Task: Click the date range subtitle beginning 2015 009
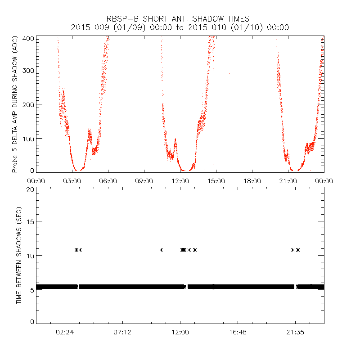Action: [x=180, y=27]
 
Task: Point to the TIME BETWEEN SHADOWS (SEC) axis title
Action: [x=19, y=255]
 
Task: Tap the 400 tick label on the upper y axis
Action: [x=28, y=38]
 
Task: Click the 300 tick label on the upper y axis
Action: [x=28, y=70]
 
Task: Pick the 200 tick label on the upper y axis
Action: [x=28, y=104]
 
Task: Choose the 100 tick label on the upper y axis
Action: [x=28, y=138]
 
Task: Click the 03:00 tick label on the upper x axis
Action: [x=72, y=180]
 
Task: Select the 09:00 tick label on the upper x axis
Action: [x=144, y=180]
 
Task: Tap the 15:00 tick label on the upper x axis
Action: [x=216, y=180]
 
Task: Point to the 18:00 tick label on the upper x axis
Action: [x=252, y=180]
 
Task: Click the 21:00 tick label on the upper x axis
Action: [x=288, y=180]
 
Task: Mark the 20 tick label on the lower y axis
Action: [x=30, y=189]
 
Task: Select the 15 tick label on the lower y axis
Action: [x=30, y=221]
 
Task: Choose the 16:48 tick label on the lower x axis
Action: [x=237, y=332]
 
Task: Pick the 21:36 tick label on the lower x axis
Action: [x=295, y=332]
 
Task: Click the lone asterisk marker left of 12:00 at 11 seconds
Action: [x=161, y=250]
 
